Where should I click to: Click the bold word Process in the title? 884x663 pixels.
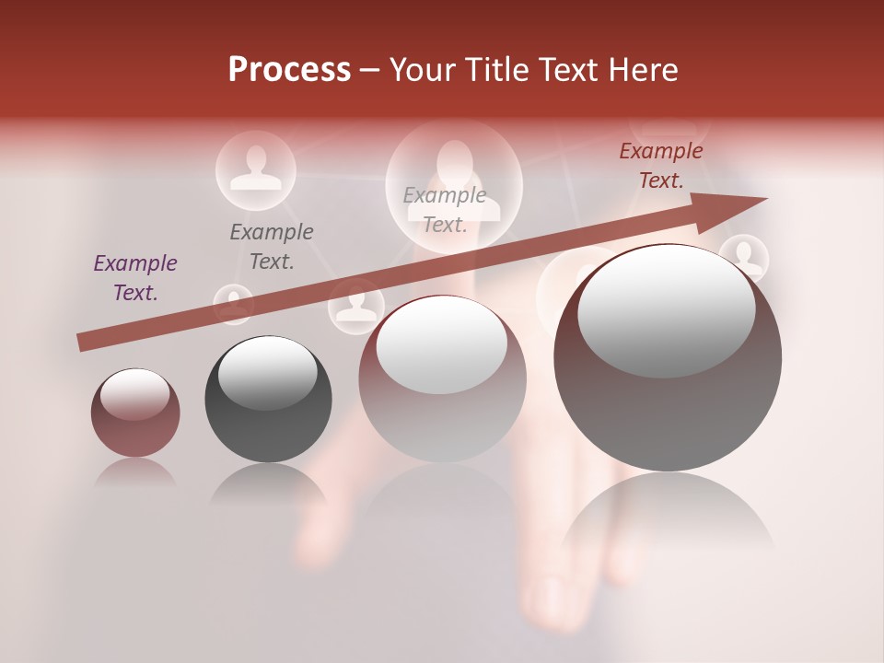[289, 70]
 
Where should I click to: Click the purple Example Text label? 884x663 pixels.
[135, 278]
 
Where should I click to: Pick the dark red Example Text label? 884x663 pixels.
[660, 166]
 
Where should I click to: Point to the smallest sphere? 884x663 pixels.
[135, 413]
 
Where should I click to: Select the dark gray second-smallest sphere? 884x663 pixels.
[268, 399]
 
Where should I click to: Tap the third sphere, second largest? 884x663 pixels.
[442, 378]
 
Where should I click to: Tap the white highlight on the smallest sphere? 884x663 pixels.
[134, 393]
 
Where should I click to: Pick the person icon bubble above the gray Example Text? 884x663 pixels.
[255, 170]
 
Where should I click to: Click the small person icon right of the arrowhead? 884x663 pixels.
[744, 258]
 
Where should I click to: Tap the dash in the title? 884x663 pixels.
[369, 70]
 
